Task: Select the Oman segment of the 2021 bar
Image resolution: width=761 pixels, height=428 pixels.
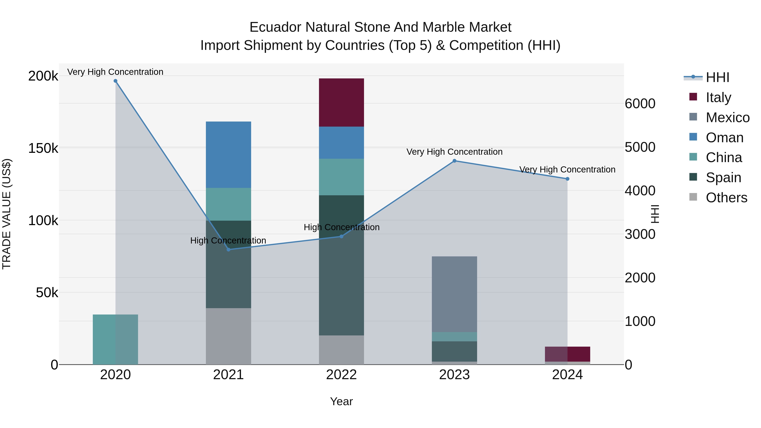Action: pyautogui.click(x=228, y=155)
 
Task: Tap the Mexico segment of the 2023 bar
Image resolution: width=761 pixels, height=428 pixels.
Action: pyautogui.click(x=454, y=294)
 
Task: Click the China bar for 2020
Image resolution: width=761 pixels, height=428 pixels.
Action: pyautogui.click(x=115, y=339)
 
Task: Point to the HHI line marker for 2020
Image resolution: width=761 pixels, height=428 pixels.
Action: pyautogui.click(x=115, y=81)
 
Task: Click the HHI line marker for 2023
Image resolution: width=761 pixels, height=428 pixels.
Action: pyautogui.click(x=454, y=161)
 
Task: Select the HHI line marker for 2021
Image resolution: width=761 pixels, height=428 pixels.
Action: pyautogui.click(x=228, y=250)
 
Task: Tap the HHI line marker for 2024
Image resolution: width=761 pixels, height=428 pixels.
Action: pyautogui.click(x=567, y=179)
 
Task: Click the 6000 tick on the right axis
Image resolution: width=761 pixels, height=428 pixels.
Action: pyautogui.click(x=640, y=104)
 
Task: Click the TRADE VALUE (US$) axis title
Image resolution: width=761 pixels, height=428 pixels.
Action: pyautogui.click(x=7, y=214)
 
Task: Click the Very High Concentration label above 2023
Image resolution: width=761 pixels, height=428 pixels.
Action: pyautogui.click(x=454, y=152)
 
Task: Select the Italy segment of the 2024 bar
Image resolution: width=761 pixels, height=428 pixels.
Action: pyautogui.click(x=567, y=354)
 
